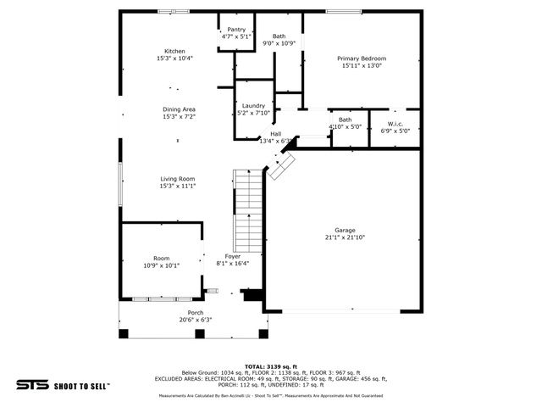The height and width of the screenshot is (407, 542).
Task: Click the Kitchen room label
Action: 174,51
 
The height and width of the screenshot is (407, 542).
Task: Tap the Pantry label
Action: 235,30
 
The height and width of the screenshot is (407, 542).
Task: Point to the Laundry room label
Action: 253,106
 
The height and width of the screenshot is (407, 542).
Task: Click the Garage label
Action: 345,231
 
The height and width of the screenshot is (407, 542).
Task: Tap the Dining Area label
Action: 179,109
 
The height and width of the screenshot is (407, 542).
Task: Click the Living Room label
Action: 179,179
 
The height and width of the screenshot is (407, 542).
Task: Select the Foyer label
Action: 232,256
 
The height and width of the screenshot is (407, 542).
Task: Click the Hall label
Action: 275,134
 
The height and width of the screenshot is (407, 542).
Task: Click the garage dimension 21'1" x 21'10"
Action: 345,237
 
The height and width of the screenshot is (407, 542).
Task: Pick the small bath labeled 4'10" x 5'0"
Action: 345,124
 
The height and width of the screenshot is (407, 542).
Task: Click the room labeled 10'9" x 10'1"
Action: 161,262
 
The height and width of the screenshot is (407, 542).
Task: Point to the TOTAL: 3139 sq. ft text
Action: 270,365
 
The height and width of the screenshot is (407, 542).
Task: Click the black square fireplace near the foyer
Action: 252,295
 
